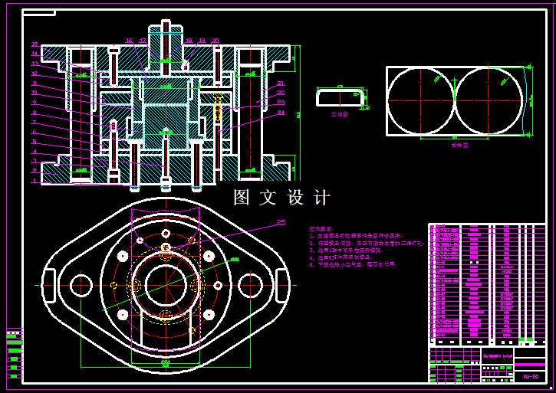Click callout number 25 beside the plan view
click(x=281, y=223)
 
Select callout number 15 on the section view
click(x=35, y=44)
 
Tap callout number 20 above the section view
click(x=215, y=40)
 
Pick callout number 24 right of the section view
click(x=281, y=112)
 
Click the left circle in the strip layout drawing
click(x=421, y=100)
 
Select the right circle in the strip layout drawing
click(x=489, y=100)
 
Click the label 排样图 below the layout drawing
click(x=458, y=145)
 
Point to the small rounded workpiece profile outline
click(x=341, y=97)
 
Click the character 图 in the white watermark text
click(x=242, y=198)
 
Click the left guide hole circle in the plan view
click(x=81, y=285)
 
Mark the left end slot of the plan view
click(x=48, y=285)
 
